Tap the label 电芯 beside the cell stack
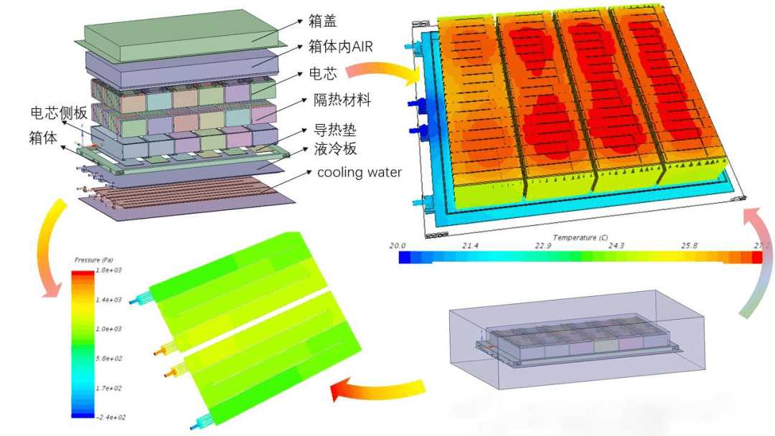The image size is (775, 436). coord(321,73)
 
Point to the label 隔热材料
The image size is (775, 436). coord(342,100)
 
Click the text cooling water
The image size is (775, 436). coord(360,173)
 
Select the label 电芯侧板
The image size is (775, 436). coord(59,113)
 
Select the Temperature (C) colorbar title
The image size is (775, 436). coord(580,237)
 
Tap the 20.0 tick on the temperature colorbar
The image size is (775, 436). coord(398,246)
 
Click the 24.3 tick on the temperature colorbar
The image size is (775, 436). coord(616,246)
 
